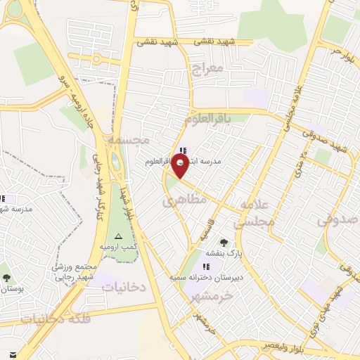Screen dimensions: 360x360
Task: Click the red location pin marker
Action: point(181,165)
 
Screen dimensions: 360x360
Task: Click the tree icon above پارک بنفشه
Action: point(224,243)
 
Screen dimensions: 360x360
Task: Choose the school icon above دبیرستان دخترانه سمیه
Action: point(206,266)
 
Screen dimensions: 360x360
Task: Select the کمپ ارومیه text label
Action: point(117,247)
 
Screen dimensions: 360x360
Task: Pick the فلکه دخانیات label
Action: point(56,319)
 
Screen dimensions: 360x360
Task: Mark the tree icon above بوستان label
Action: point(6,278)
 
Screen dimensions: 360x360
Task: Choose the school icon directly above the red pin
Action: point(184,150)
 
